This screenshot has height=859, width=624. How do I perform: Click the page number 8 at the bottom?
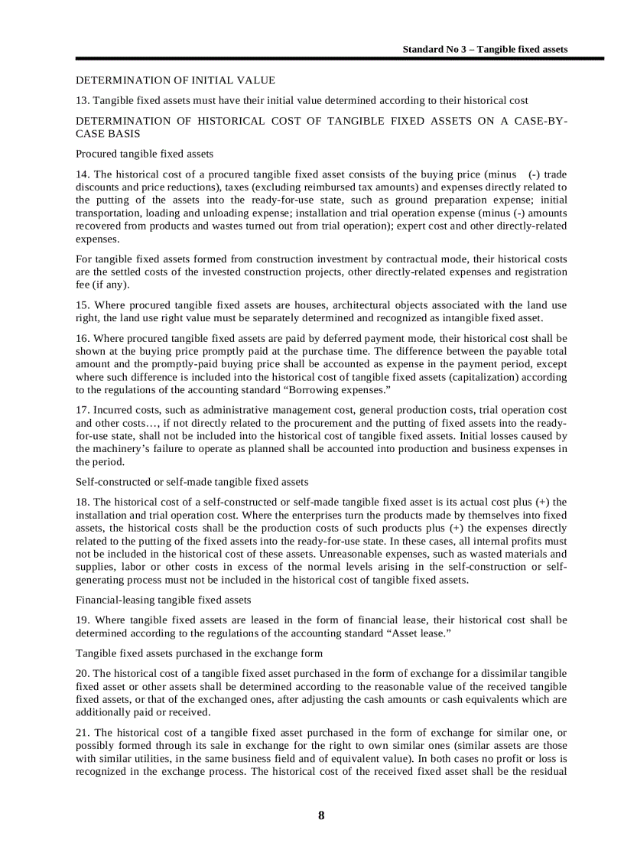coord(321,815)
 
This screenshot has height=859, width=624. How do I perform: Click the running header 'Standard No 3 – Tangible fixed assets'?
coord(485,49)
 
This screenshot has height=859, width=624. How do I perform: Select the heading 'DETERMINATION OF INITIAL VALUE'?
coord(175,80)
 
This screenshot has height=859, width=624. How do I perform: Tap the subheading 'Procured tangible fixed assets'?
coord(145,154)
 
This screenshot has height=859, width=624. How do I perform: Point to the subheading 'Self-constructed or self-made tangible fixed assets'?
coord(192,482)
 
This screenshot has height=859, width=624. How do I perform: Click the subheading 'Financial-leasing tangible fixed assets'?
coord(163,600)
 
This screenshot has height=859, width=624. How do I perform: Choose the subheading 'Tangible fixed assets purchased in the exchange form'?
coord(199,653)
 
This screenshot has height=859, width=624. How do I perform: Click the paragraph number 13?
coord(82,100)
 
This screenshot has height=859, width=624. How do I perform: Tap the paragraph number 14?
coord(82,174)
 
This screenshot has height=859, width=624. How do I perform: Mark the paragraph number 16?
coord(82,338)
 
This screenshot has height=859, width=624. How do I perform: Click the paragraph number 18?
coord(82,503)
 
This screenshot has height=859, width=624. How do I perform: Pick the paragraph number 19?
coord(82,620)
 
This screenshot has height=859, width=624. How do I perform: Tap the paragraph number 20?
coord(82,674)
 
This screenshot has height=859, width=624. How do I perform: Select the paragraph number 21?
coord(82,733)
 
